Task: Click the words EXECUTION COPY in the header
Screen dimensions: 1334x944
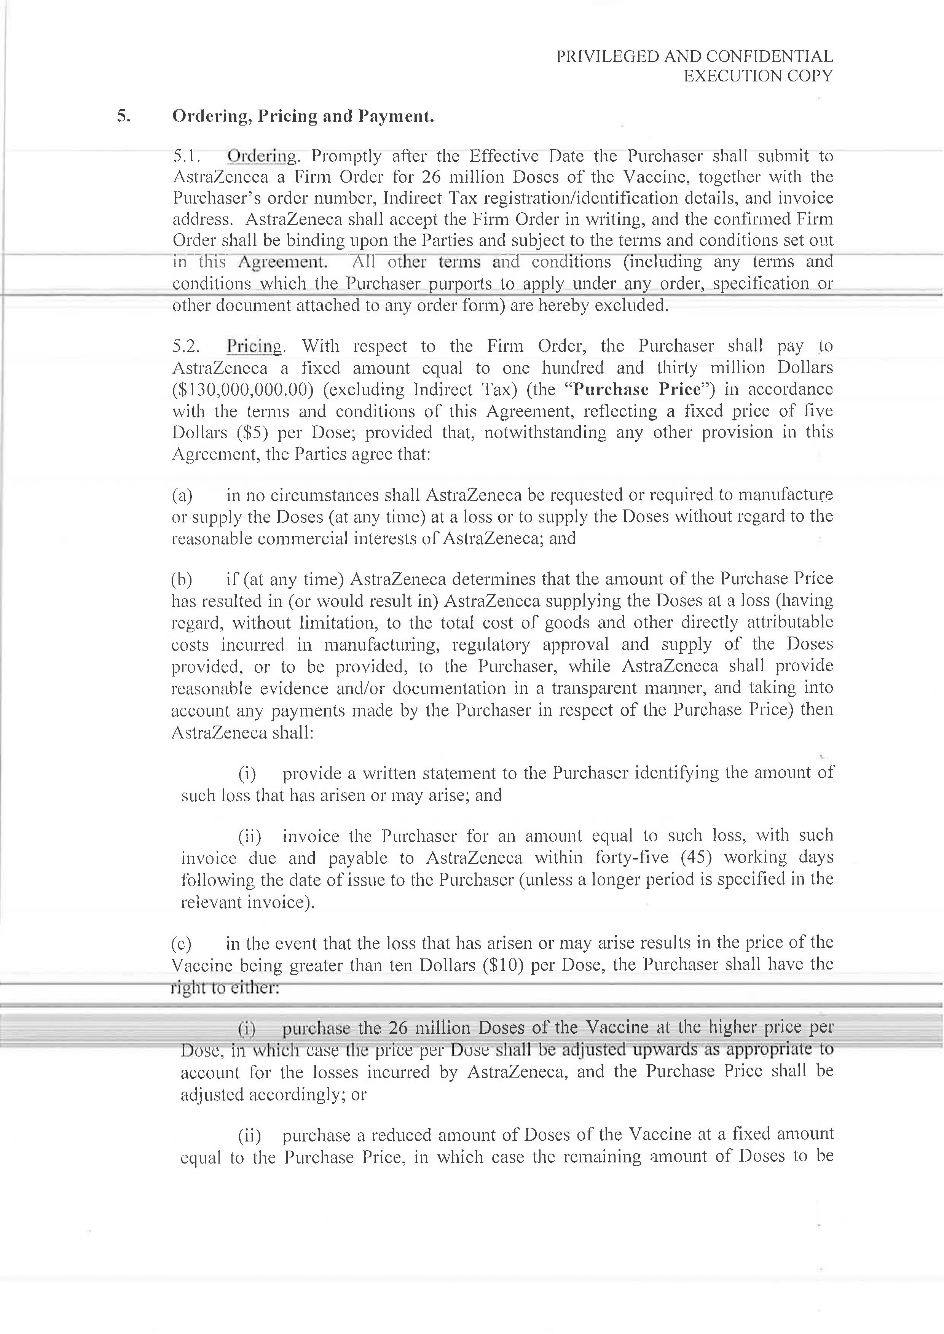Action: (757, 76)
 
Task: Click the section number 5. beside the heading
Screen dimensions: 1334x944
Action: (124, 116)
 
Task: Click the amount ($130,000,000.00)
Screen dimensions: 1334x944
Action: (239, 389)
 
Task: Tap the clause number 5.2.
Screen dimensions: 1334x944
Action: (187, 346)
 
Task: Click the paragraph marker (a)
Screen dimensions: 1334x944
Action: (182, 495)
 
